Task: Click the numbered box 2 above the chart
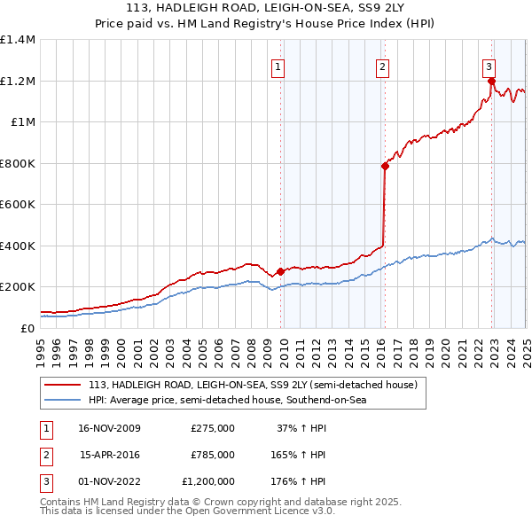(x=382, y=66)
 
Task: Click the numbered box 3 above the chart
(x=489, y=66)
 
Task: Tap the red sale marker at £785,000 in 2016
(x=385, y=166)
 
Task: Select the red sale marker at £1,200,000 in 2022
(x=490, y=81)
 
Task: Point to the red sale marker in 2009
(x=280, y=271)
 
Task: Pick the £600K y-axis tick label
(x=18, y=204)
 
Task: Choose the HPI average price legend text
(x=228, y=401)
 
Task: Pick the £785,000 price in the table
(x=213, y=455)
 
